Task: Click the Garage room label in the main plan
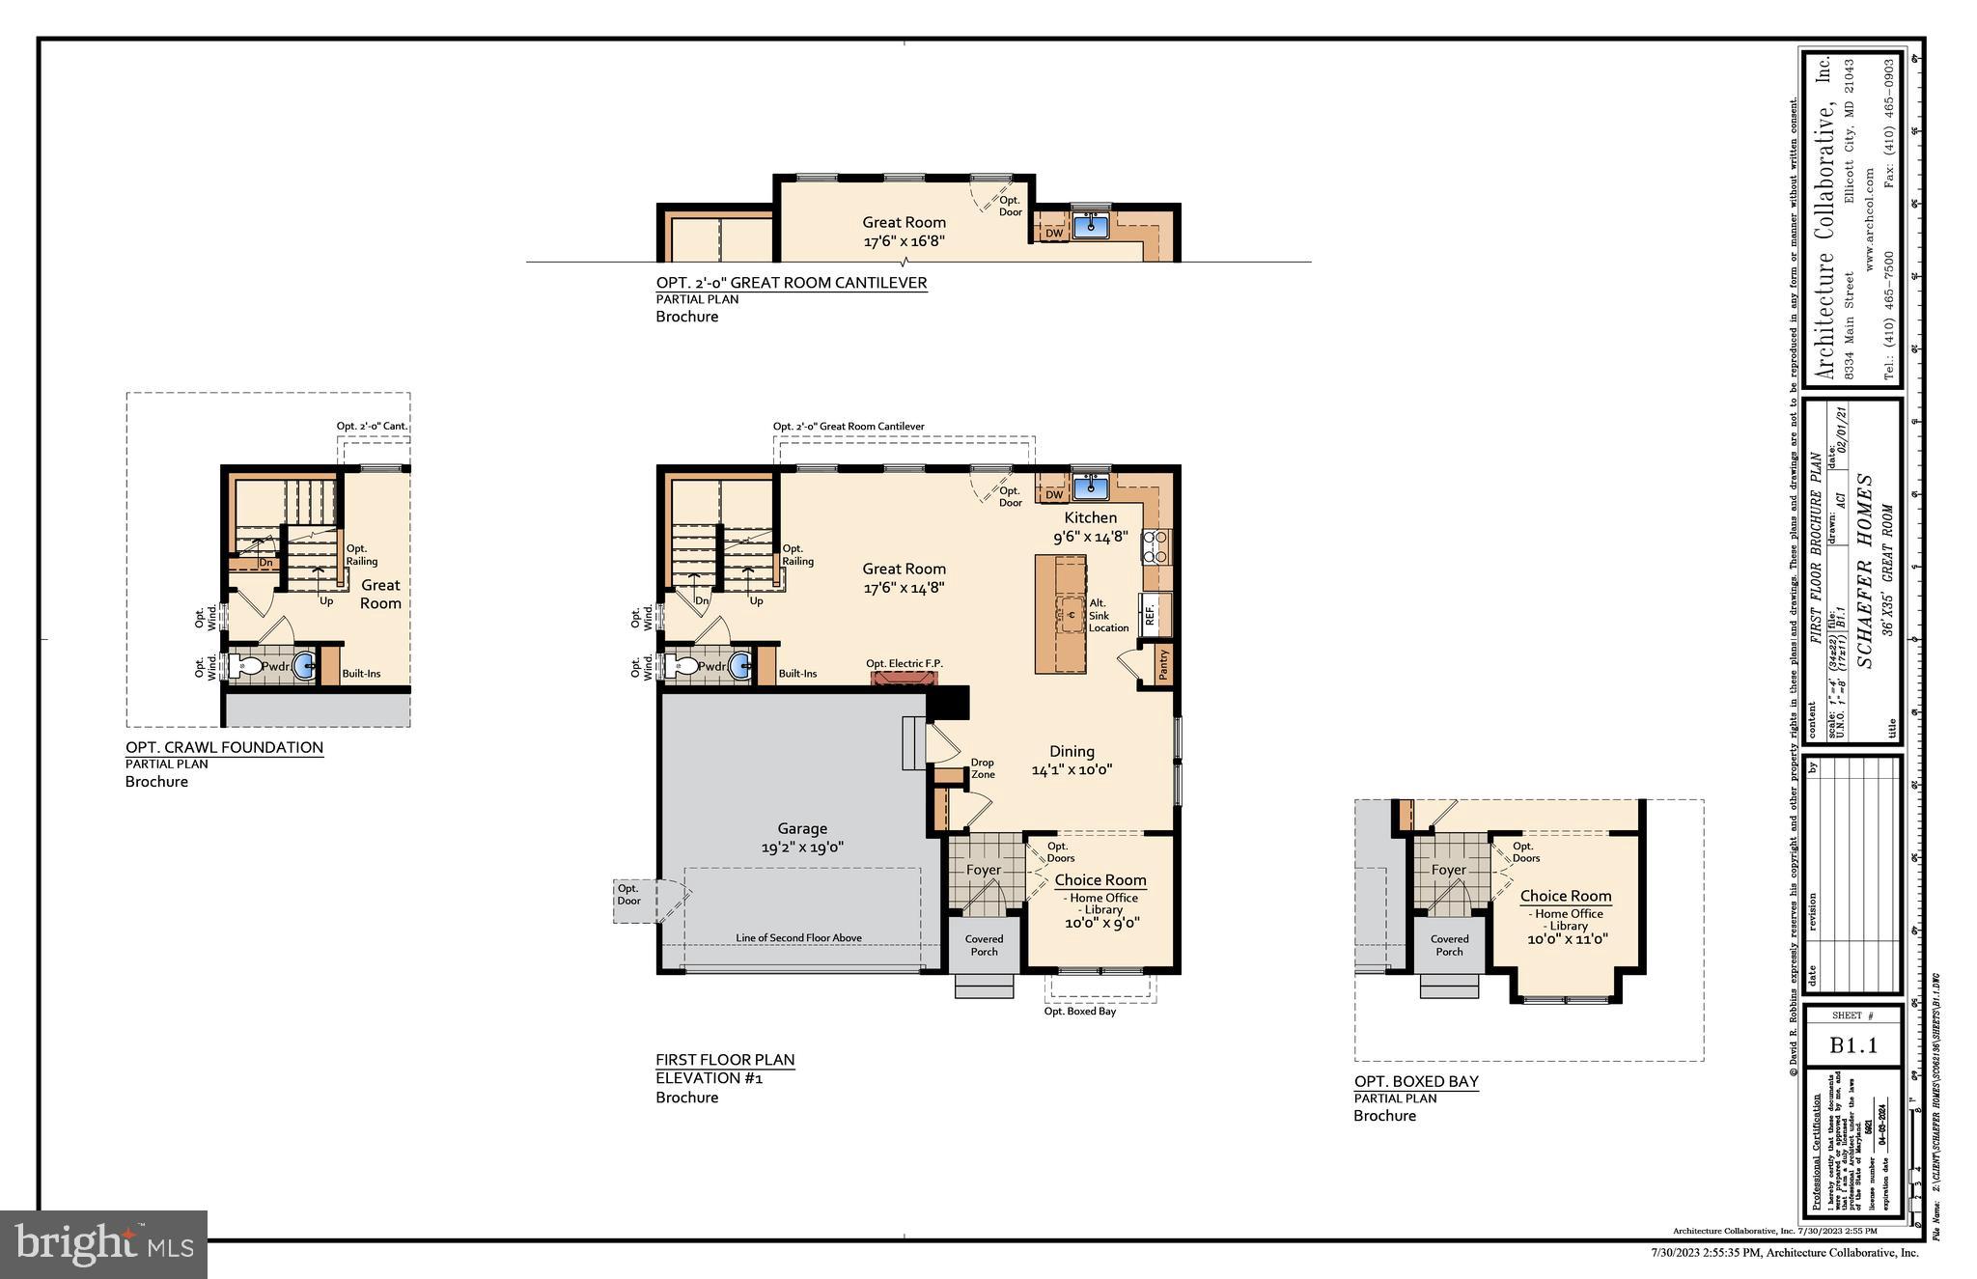tap(802, 837)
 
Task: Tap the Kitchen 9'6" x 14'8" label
tap(1090, 526)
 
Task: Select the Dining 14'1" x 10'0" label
tap(1072, 760)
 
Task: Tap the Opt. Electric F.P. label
tap(904, 663)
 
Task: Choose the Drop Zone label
tap(982, 768)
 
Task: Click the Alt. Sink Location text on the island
tap(1107, 615)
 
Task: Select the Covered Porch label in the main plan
tap(984, 944)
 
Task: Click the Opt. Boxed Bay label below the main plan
tap(1079, 1011)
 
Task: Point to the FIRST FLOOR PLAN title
tap(725, 1059)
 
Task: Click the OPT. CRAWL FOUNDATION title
tap(224, 747)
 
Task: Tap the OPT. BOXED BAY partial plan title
tap(1416, 1081)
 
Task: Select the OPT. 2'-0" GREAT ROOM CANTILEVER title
tap(792, 283)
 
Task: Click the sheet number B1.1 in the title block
tap(1852, 1045)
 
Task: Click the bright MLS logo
tap(103, 1243)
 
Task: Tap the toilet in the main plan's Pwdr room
tap(684, 666)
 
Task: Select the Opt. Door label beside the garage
tap(628, 895)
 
